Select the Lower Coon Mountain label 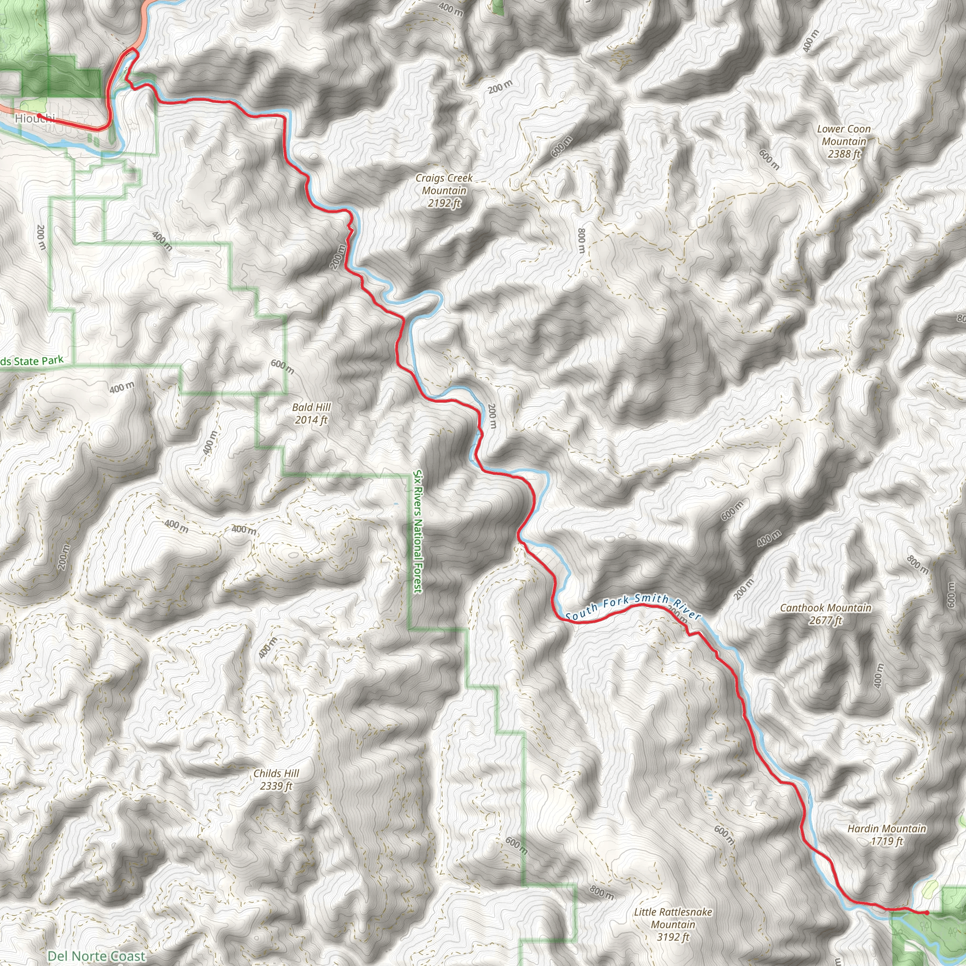[844, 135]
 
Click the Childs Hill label [276, 774]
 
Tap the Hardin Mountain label [886, 828]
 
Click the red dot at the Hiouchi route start [39, 116]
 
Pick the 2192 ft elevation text [444, 203]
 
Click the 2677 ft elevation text [825, 621]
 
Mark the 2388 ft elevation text [844, 154]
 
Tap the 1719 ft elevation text [886, 841]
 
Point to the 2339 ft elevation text [276, 786]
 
